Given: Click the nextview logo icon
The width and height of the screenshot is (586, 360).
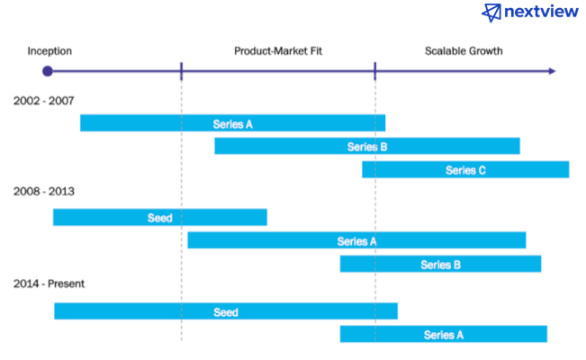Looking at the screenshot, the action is pos(491,13).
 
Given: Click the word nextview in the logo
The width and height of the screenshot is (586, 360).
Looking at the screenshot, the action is pos(541,12).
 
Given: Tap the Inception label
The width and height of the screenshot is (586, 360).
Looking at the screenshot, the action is pos(50,50).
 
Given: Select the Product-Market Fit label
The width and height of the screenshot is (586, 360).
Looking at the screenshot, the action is pos(278,50).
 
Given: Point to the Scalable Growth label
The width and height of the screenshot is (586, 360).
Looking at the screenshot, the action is pos(464,50).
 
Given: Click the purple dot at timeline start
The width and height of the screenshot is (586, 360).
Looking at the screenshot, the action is pos(48,71).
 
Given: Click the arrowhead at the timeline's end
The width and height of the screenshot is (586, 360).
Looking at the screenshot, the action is pos(552,71).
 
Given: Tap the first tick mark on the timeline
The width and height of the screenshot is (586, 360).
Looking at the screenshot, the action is pos(181,71).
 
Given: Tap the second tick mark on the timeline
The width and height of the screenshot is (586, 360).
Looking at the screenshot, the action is pos(374,71).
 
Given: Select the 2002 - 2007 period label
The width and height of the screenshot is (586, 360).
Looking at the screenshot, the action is pos(44,101).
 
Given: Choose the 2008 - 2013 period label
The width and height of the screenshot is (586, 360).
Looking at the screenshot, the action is pos(44,192).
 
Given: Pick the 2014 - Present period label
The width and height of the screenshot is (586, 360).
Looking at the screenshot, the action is pos(49,283).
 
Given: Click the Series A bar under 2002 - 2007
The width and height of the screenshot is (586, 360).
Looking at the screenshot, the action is pos(233,123).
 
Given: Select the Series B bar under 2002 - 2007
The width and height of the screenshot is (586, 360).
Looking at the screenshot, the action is pos(367,146).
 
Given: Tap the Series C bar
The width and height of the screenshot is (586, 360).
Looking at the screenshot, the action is pos(465,169).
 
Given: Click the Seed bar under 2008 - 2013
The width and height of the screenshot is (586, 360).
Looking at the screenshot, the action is pos(160,217).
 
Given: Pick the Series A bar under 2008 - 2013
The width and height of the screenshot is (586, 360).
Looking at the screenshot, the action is pos(356,240).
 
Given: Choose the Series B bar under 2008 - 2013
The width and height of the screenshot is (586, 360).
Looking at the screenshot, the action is pos(440,264).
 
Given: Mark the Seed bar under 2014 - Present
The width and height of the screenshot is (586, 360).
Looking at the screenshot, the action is pos(226,311).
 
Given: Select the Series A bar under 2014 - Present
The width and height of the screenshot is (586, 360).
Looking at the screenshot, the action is pos(444,334).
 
